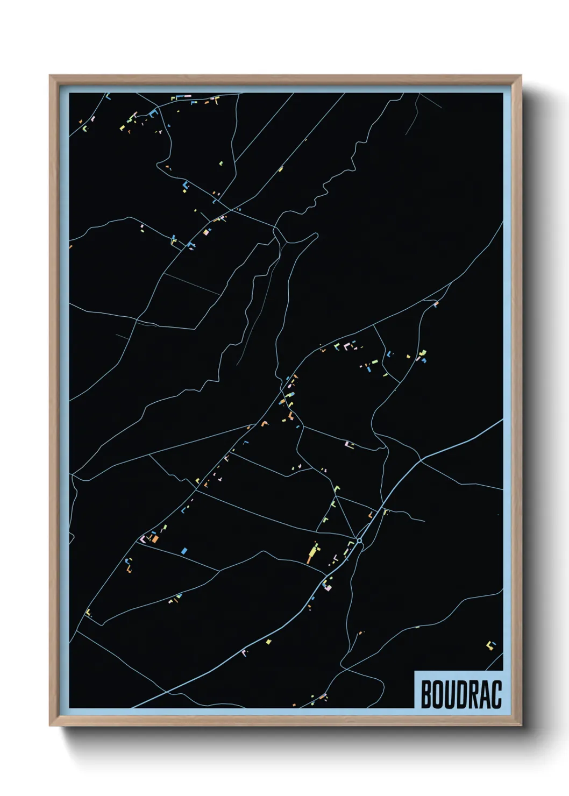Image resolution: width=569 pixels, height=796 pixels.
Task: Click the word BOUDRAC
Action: point(461,694)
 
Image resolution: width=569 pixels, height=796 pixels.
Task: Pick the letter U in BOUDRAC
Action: point(450,694)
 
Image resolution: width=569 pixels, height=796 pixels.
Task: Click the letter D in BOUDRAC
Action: point(461,694)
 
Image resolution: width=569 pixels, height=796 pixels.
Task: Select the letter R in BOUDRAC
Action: point(473,694)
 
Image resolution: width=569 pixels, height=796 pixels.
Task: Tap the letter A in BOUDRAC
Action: point(485,694)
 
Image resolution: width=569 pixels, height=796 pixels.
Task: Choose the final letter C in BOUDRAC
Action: point(496,694)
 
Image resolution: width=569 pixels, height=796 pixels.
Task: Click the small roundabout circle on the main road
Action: point(359,540)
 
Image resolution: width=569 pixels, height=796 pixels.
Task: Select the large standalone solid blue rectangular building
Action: point(184,551)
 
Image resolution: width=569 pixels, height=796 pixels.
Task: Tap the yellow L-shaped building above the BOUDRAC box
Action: point(490,645)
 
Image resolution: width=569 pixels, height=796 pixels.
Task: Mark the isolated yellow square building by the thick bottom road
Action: point(268,641)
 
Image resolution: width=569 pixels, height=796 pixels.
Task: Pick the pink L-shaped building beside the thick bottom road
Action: point(245,653)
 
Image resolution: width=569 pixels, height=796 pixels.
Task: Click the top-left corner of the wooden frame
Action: point(50,76)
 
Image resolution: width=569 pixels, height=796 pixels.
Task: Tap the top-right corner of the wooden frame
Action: point(521,76)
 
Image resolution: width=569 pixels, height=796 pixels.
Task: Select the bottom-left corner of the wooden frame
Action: point(50,726)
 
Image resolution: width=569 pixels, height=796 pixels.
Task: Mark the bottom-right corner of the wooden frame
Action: point(521,726)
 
